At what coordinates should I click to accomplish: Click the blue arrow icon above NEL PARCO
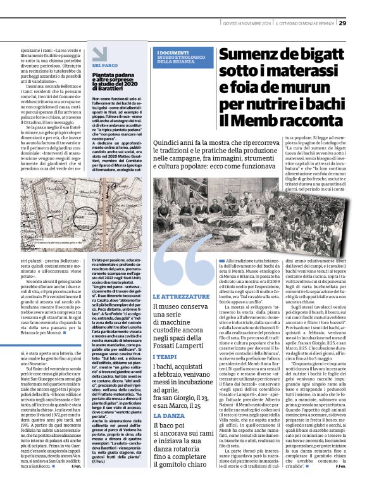click(97, 55)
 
